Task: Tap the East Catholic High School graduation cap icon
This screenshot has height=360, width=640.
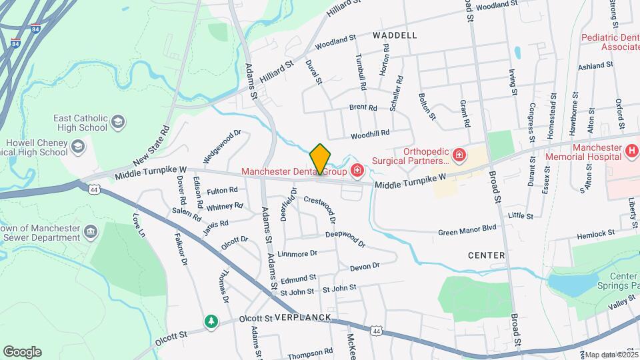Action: (118, 121)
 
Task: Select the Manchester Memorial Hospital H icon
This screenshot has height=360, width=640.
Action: (632, 151)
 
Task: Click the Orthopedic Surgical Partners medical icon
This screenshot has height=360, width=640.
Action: (459, 156)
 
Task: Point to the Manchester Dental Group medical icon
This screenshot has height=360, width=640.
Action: (357, 171)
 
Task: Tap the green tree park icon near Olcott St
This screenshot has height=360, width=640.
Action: (211, 322)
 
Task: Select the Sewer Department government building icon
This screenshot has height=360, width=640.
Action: (91, 232)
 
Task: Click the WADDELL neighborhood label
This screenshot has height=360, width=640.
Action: (395, 35)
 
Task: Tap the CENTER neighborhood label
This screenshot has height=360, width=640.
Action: (486, 255)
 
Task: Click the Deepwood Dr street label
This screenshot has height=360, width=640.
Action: (345, 238)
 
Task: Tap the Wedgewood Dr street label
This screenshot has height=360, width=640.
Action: (221, 146)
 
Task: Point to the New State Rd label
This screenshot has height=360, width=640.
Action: (151, 146)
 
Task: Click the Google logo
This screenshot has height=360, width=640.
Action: (22, 352)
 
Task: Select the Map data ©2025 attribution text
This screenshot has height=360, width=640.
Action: (611, 355)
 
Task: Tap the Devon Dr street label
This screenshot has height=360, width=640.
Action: (364, 266)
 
